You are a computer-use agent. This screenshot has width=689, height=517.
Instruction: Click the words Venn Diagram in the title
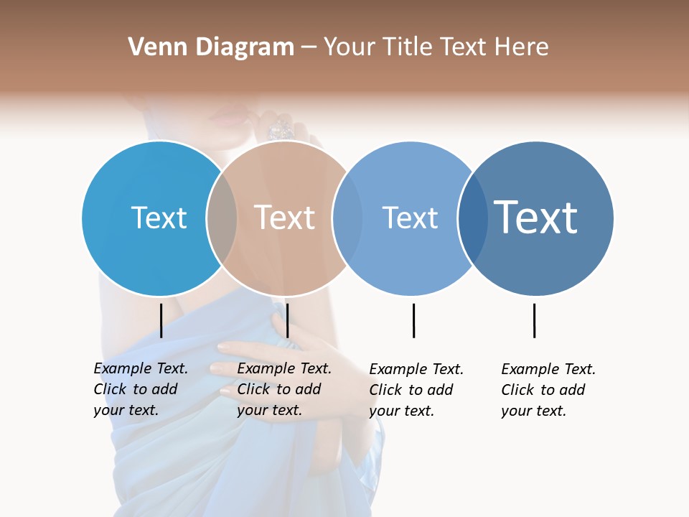pyautogui.click(x=211, y=47)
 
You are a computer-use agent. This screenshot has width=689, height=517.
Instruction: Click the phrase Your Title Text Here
pyautogui.click(x=436, y=47)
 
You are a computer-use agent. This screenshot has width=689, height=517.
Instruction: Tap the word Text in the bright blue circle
pyautogui.click(x=159, y=218)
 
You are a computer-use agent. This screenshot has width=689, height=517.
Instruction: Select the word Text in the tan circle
pyautogui.click(x=284, y=218)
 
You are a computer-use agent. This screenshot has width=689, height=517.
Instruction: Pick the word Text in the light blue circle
pyautogui.click(x=410, y=218)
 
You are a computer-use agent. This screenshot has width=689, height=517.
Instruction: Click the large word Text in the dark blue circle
pyautogui.click(x=535, y=218)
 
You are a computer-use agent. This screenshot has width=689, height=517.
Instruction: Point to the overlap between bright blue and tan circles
pyautogui.click(x=222, y=218)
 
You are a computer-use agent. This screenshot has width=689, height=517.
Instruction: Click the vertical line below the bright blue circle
pyautogui.click(x=161, y=320)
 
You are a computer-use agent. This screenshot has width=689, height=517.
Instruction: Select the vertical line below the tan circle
pyautogui.click(x=287, y=320)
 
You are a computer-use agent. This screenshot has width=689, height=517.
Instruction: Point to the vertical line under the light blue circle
pyautogui.click(x=413, y=320)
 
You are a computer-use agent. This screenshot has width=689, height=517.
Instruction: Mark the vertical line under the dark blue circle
pyautogui.click(x=534, y=320)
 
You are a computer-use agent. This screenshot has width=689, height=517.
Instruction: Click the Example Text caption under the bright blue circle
pyautogui.click(x=140, y=389)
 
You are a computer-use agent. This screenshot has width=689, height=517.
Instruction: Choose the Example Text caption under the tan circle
pyautogui.click(x=283, y=389)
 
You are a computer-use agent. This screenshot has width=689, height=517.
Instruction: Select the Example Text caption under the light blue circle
pyautogui.click(x=416, y=390)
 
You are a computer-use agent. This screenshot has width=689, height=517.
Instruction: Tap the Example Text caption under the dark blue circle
pyautogui.click(x=548, y=390)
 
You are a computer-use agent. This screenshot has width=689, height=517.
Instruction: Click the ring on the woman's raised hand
pyautogui.click(x=281, y=129)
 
